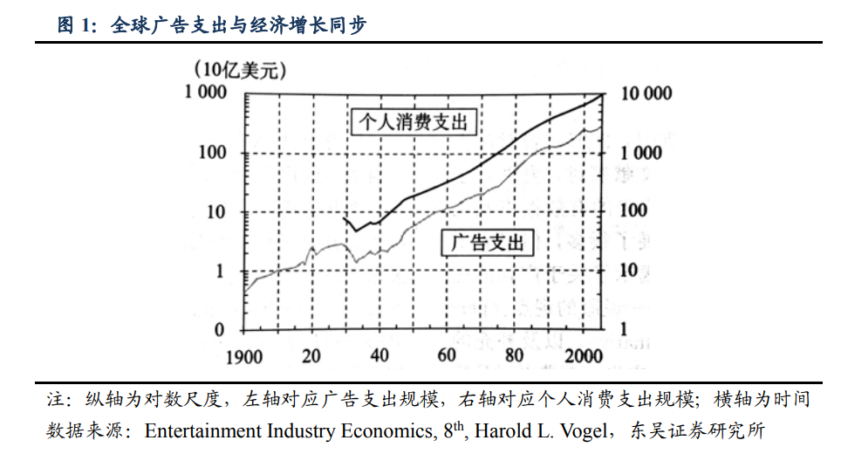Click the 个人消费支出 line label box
coord(414,122)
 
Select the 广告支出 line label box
coord(488,243)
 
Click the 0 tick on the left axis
coord(220,330)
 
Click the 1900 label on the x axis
coord(244,356)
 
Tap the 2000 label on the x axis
coord(580,356)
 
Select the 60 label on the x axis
coord(447,356)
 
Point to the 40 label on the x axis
coord(379,356)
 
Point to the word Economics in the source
coord(382,430)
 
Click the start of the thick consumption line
coord(344,217)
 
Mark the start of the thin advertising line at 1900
coord(245,292)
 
